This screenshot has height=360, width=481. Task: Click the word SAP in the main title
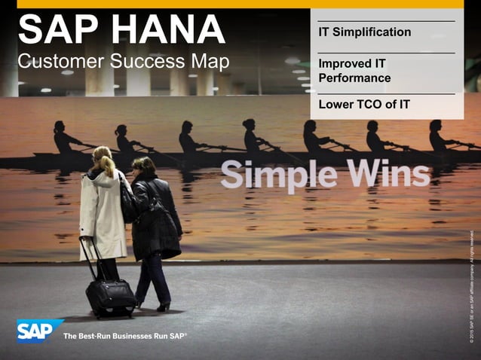(57, 30)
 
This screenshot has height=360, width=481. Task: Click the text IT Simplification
(365, 32)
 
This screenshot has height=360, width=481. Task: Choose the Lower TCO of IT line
(364, 104)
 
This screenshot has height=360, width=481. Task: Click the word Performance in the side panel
(354, 78)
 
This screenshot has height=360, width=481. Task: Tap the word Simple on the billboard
(277, 175)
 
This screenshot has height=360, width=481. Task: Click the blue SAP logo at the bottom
(39, 330)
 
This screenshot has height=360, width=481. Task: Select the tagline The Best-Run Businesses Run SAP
(124, 335)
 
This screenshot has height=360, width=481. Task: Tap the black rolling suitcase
(110, 297)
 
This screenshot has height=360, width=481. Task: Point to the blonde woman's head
(103, 157)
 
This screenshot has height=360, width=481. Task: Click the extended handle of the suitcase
(87, 258)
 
